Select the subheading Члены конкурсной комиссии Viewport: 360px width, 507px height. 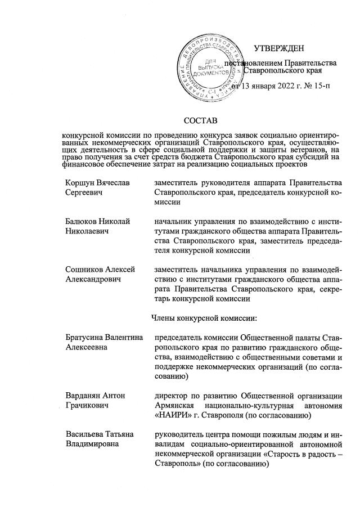[205, 318]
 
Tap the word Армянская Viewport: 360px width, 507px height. [175, 406]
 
